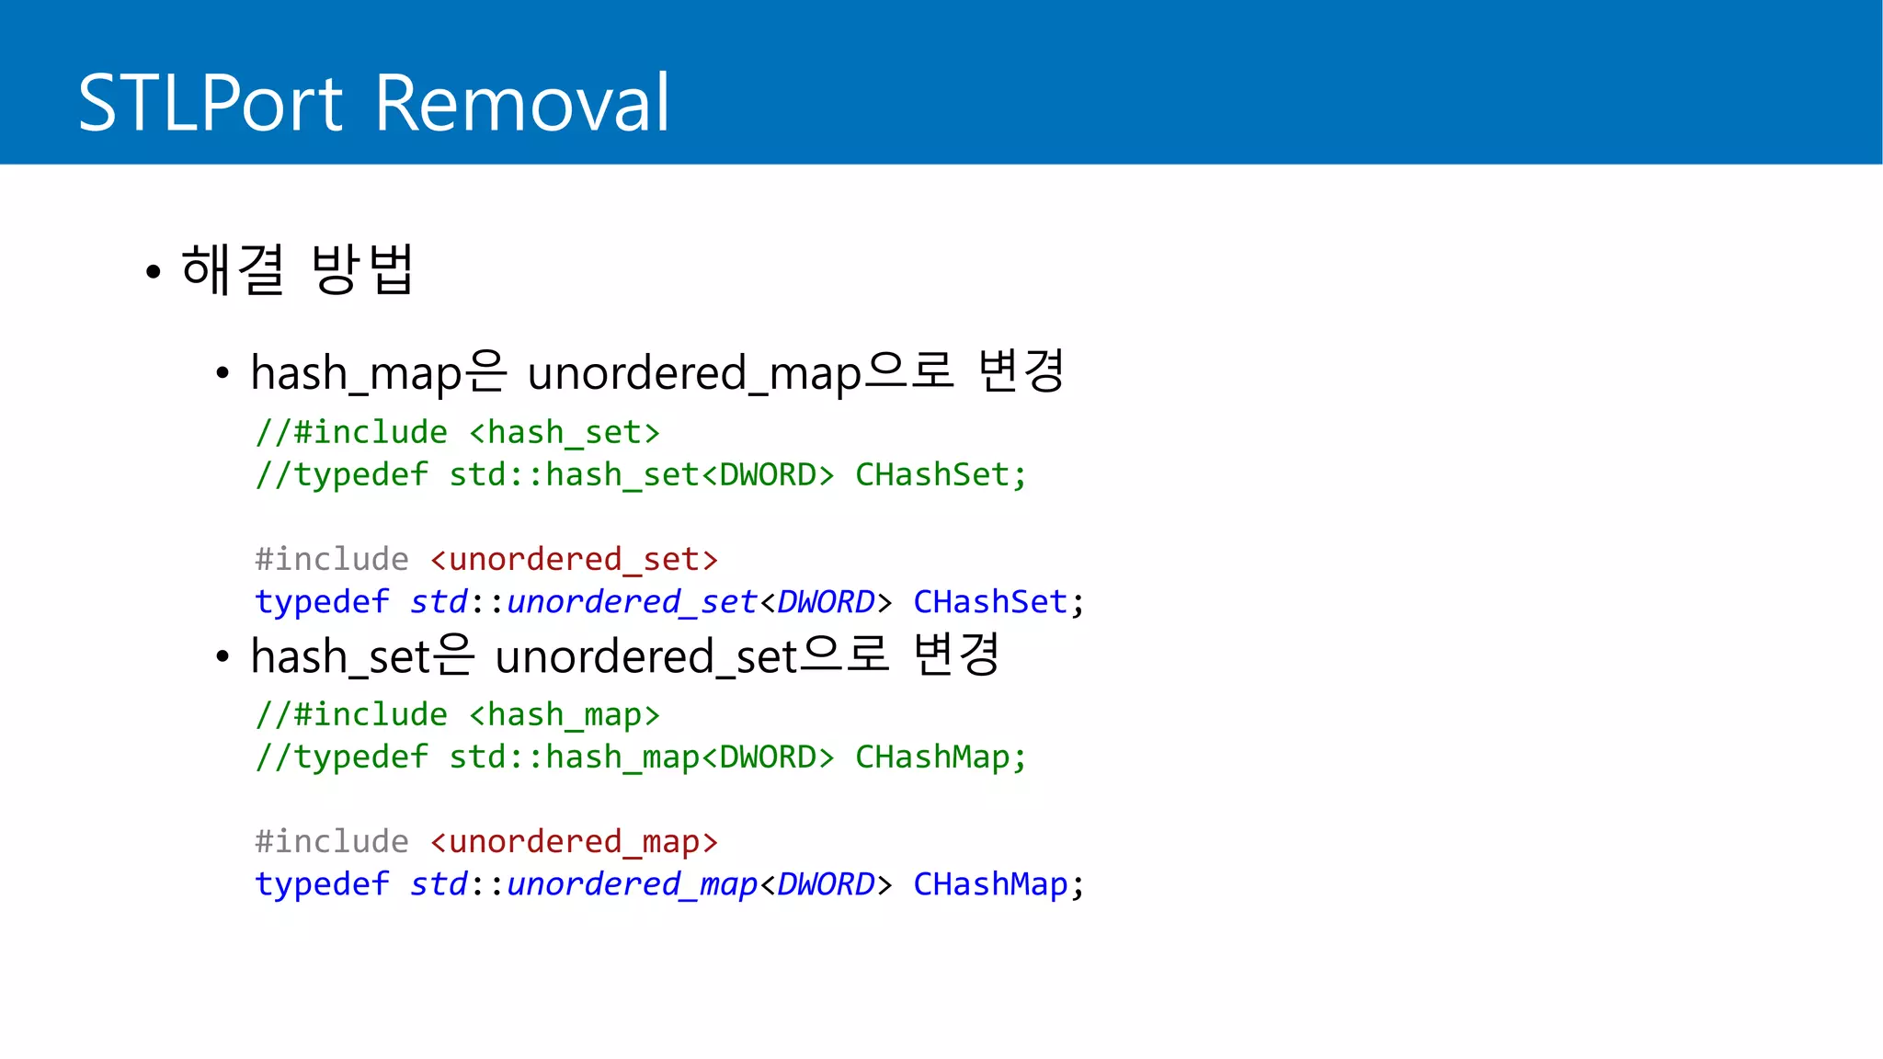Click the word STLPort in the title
pos(211,103)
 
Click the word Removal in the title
pos(522,103)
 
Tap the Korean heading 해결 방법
pos(297,270)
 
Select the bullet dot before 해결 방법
pos(154,272)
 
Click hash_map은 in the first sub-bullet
pos(378,372)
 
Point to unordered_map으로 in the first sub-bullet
pos(740,372)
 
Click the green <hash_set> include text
pos(565,432)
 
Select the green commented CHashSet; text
pos(941,474)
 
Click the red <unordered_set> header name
pos(574,559)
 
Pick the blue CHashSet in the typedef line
pos(989,601)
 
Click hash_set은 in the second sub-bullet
pos(362,656)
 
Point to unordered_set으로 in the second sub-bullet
pos(691,656)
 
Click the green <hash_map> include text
pos(565,714)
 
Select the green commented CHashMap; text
pos(941,757)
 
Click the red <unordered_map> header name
pos(574,841)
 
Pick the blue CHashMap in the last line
pos(989,883)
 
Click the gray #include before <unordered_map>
pos(332,841)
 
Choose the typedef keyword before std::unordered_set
pos(322,601)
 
